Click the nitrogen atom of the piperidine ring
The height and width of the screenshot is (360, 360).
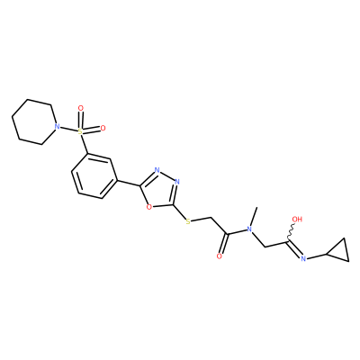tap(56, 127)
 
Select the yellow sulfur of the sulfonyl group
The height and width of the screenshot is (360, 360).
tap(80, 131)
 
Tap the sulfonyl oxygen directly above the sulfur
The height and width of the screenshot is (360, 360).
tap(80, 108)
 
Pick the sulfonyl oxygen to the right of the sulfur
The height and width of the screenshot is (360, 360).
tap(103, 129)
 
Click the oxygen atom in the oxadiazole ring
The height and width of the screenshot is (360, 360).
tap(148, 207)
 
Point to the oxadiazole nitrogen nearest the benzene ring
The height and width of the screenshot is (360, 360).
tap(157, 170)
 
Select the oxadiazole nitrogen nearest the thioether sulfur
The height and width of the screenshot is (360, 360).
tap(177, 182)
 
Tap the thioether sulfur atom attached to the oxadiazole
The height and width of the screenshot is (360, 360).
tap(188, 221)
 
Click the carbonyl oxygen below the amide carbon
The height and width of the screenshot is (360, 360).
tap(220, 256)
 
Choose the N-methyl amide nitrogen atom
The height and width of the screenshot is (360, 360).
tap(248, 229)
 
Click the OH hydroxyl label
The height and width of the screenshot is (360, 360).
tap(297, 219)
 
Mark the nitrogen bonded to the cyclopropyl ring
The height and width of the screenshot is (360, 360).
tap(303, 258)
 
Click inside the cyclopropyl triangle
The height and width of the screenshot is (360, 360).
tap(340, 251)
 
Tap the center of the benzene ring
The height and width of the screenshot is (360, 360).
tap(94, 176)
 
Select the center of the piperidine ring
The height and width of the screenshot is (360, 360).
tap(34, 122)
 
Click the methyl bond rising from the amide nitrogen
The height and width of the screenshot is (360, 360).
tap(254, 216)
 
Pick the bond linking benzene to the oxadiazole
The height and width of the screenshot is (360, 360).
tap(129, 184)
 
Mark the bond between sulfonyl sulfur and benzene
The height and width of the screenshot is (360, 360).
tap(84, 145)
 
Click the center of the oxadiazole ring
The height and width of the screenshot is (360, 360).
tap(159, 190)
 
